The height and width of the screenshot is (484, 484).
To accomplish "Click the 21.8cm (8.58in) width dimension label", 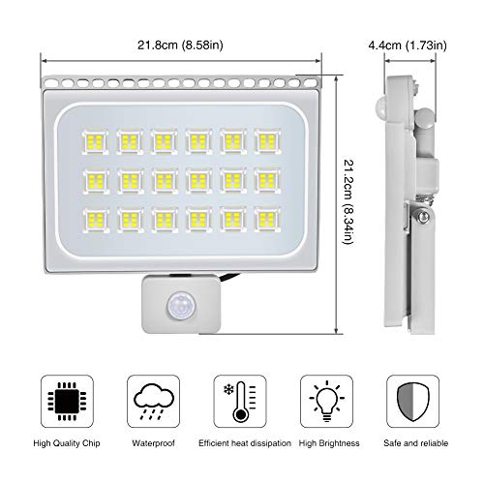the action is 180,45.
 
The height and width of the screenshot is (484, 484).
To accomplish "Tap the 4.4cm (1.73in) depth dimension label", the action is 408,45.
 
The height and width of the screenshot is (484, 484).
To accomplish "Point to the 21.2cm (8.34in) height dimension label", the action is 349,201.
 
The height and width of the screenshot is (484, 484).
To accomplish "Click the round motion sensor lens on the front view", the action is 181,306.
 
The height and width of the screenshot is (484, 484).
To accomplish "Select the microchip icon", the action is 67,402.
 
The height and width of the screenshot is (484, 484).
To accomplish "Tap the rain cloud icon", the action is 154,401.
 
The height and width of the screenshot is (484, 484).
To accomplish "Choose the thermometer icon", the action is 240,402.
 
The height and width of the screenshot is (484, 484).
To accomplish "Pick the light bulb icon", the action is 326,402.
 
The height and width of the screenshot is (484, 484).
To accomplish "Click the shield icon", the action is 413,402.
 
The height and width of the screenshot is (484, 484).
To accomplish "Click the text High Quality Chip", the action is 67,443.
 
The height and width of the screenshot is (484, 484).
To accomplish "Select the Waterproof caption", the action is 154,443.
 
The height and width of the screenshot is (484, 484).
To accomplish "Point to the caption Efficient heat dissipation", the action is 245,443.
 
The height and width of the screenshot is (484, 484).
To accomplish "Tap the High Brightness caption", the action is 329,443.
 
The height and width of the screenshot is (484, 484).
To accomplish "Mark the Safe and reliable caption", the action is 416,443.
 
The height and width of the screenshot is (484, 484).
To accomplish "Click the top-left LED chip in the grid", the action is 96,141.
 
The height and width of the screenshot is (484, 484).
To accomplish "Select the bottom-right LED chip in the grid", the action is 267,220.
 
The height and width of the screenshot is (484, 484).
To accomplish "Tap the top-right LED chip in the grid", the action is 267,141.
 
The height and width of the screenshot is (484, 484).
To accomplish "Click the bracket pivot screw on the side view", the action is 422,216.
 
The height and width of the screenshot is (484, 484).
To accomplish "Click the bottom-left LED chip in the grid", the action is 96,220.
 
